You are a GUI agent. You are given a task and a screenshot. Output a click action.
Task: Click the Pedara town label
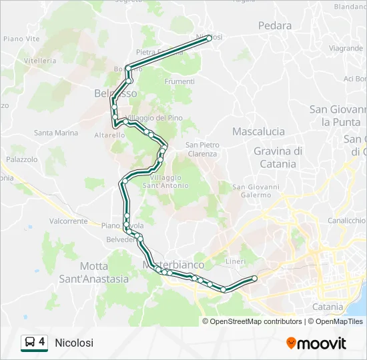[275, 26]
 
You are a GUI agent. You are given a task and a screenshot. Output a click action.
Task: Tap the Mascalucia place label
[258, 131]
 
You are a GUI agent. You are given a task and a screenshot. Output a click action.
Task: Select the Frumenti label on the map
[179, 81]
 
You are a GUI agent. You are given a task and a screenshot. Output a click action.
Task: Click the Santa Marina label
[56, 133]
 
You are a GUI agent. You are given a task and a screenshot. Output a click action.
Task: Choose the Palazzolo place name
[22, 160]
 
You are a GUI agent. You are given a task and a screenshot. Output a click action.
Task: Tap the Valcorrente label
[68, 221]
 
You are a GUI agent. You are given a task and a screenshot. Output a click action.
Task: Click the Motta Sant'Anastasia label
[94, 272]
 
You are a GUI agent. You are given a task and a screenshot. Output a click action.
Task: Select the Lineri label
[236, 261]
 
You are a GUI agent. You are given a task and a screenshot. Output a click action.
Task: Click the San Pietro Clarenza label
[202, 149]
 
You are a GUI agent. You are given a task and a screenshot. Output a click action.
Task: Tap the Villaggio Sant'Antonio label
[165, 181]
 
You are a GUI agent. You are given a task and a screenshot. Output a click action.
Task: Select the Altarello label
[91, 135]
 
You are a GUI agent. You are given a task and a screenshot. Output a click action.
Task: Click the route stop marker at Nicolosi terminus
[209, 38]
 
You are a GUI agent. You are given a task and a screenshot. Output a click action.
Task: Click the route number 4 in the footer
[42, 342]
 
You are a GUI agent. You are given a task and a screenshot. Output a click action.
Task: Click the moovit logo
[316, 343]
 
